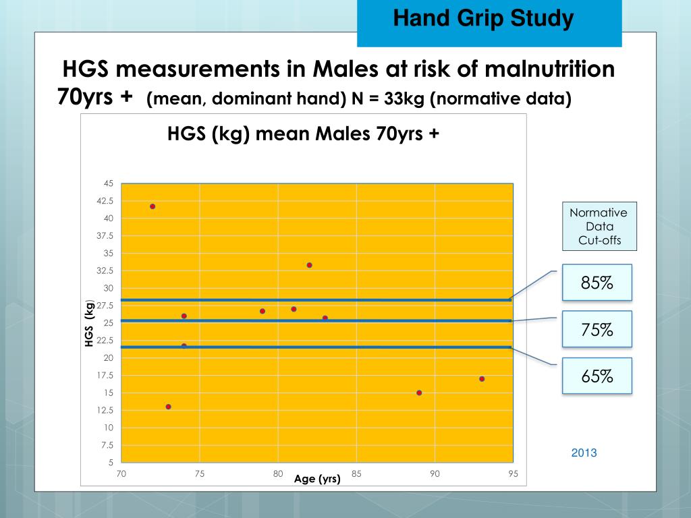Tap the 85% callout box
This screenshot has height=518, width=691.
597,283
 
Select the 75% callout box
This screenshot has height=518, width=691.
597,329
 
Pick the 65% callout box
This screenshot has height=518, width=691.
597,376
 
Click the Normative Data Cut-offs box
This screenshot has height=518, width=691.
598,227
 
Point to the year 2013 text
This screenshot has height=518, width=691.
584,453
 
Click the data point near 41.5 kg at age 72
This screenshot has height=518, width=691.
153,206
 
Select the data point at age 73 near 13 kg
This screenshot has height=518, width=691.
168,407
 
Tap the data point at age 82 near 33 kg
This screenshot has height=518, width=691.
309,265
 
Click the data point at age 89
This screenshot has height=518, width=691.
419,393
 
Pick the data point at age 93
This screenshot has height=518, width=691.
482,378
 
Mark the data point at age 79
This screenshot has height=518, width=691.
262,311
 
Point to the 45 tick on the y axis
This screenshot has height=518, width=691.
109,183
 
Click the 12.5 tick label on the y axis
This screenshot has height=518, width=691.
106,410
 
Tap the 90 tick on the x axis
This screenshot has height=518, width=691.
435,474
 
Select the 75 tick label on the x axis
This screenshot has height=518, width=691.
200,474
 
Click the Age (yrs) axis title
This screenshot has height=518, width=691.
317,480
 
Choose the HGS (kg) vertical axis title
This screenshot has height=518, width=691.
88,324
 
